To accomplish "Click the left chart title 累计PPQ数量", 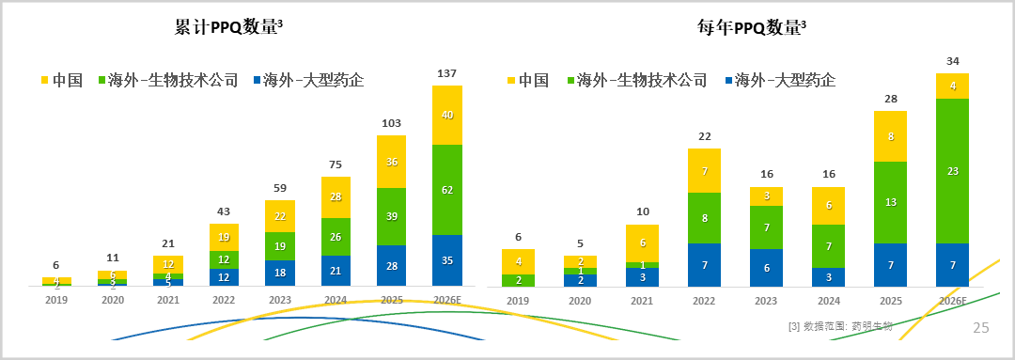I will point(228,27).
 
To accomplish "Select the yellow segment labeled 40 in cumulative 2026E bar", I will point(447,115).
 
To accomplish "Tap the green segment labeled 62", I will point(447,190).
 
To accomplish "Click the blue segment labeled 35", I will point(447,260).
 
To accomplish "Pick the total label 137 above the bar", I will point(447,73).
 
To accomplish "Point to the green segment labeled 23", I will point(952,171).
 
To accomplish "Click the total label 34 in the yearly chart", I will point(952,61).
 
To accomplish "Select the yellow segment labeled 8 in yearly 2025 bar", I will point(891,136).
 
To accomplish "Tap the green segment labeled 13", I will point(891,202).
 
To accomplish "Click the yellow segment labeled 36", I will point(392,162).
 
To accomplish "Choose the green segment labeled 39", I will point(392,216).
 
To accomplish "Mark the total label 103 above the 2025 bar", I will point(392,123).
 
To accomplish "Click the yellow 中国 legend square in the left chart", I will point(43,80).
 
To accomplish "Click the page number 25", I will point(980,328).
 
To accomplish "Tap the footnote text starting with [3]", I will point(841,326).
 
